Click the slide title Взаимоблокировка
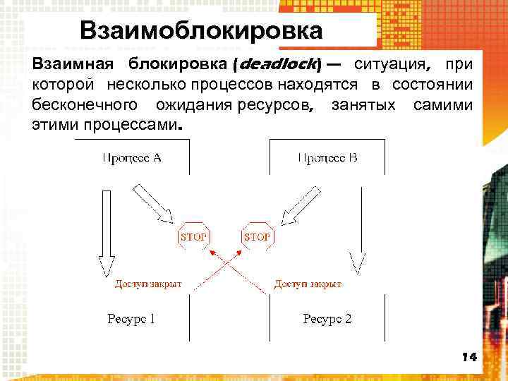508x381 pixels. pyautogui.click(x=201, y=31)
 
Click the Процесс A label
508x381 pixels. pyautogui.click(x=132, y=157)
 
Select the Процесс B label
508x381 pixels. pyautogui.click(x=327, y=157)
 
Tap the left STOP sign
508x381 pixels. pyautogui.click(x=194, y=237)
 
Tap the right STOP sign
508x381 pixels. pyautogui.click(x=256, y=237)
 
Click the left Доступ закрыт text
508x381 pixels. pyautogui.click(x=148, y=284)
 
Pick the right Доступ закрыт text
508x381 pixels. pyautogui.click(x=308, y=284)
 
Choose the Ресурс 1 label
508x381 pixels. pyautogui.click(x=131, y=319)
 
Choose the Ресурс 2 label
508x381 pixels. pyautogui.click(x=327, y=319)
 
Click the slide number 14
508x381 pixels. pyautogui.click(x=469, y=357)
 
